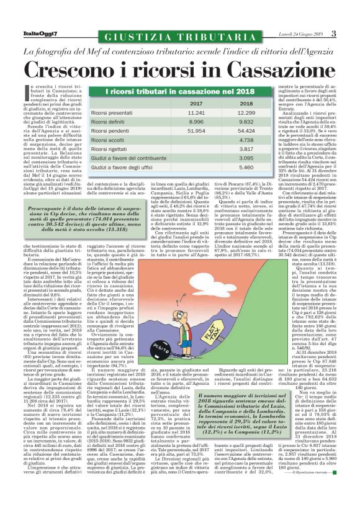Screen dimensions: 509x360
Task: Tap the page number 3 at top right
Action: pyautogui.click(x=333, y=33)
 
